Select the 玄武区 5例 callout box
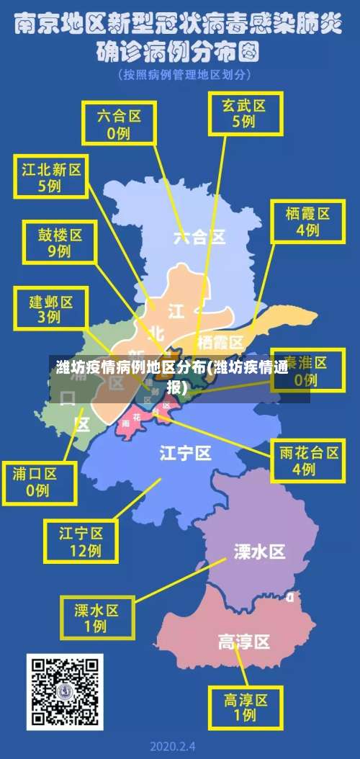coord(243,113)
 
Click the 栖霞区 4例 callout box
coord(307,221)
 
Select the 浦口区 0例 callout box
coord(39,482)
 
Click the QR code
coord(65,692)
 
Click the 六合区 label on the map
coord(199,236)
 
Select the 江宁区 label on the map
coord(185,452)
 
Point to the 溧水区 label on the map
coord(259,552)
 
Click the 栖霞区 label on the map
coord(220,341)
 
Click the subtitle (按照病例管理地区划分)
coord(180,74)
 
